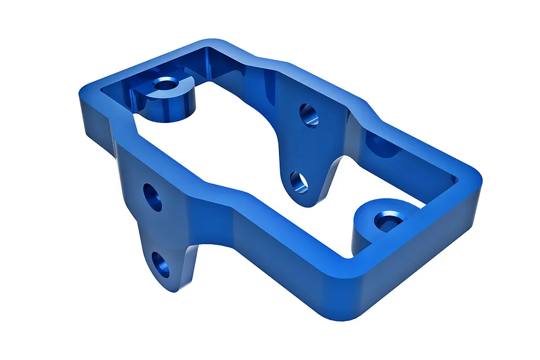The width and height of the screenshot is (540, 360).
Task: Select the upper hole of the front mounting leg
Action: coord(152,197)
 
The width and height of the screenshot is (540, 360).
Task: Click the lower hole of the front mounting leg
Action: coord(160,265)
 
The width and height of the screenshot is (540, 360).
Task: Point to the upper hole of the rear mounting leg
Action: coord(309,115)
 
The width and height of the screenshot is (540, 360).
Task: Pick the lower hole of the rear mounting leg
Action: coord(299,182)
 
